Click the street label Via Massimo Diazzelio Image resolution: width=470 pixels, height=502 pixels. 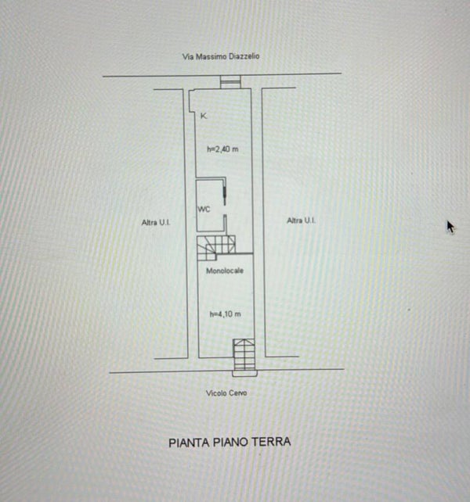click(221, 56)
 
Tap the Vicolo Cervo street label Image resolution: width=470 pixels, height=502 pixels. click(226, 393)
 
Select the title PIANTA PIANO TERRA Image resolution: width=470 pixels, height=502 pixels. click(230, 442)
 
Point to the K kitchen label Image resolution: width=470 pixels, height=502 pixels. click(204, 116)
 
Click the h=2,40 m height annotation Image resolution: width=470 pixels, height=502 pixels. click(222, 149)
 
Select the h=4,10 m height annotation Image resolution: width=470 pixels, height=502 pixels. click(226, 314)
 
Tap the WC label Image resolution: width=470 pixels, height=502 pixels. click(204, 210)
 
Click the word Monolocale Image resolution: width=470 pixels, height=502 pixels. click(225, 271)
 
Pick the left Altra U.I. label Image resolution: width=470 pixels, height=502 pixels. click(156, 222)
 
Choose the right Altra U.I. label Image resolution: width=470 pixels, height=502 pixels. click(301, 221)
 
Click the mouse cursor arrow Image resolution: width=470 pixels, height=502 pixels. click(450, 227)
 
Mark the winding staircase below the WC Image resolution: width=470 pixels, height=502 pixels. click(216, 248)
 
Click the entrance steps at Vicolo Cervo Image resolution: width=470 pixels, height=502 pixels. click(244, 354)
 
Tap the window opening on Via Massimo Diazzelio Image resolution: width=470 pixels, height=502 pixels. click(230, 82)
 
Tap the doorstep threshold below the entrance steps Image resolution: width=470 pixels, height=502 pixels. click(244, 373)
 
